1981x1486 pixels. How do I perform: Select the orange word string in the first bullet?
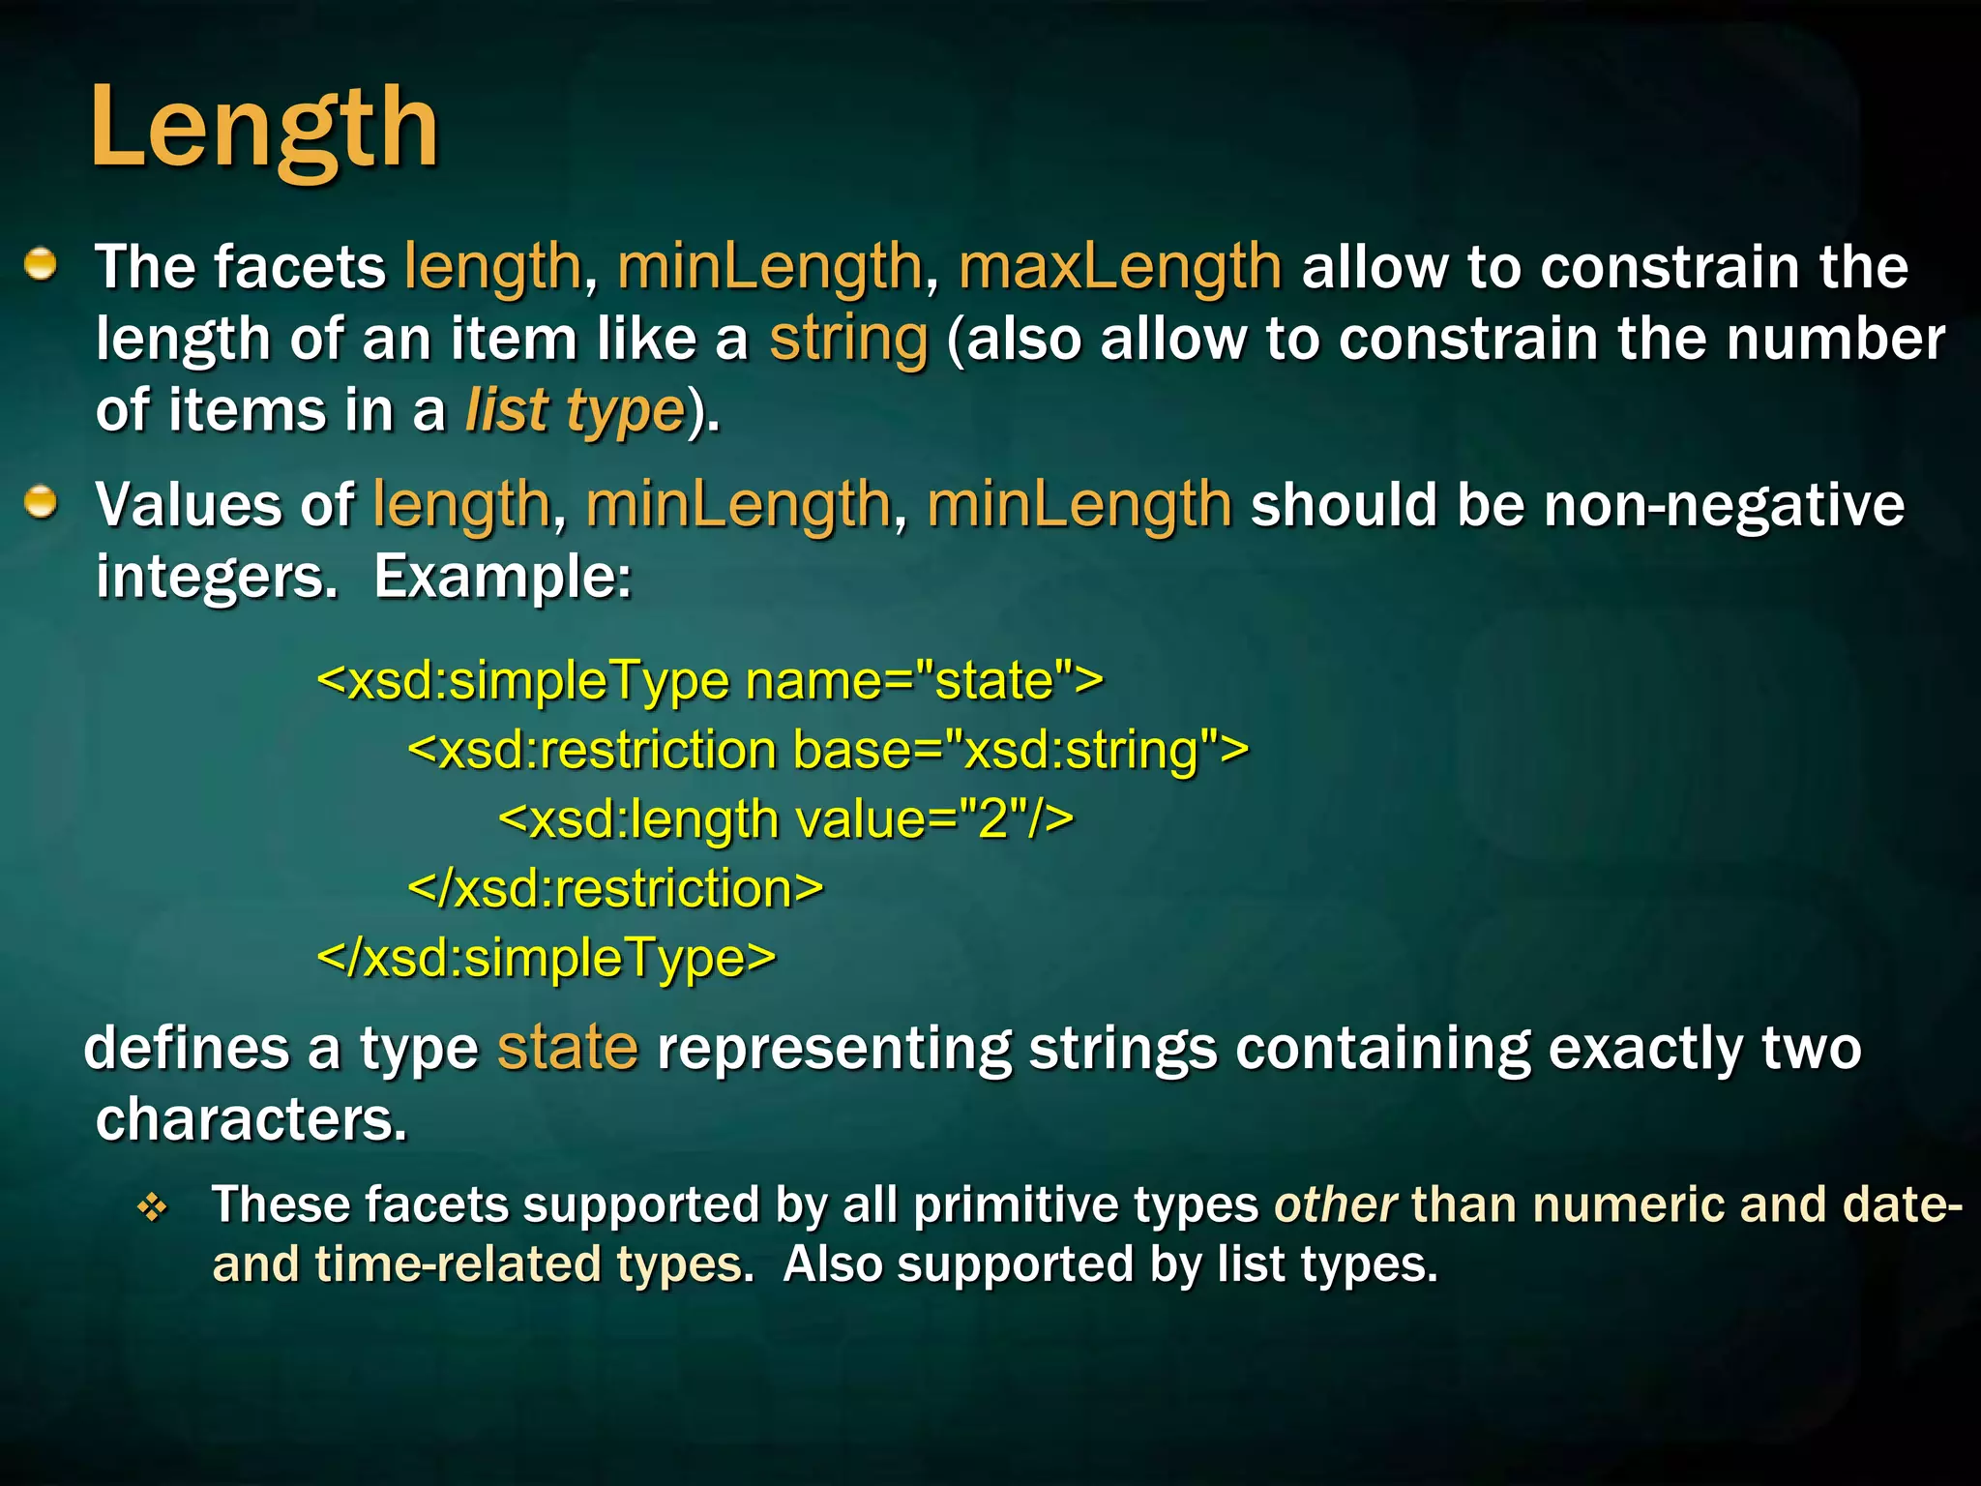(848, 339)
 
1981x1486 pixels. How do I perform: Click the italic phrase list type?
(575, 410)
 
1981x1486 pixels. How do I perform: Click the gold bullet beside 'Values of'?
(41, 503)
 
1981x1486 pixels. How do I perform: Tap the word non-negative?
(1723, 505)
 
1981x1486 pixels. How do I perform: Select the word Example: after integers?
(502, 578)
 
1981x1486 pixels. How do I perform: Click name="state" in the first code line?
(924, 680)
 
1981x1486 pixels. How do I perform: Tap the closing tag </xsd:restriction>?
(615, 888)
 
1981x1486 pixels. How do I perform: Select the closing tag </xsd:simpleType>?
(547, 958)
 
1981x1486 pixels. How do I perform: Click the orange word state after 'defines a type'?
(568, 1048)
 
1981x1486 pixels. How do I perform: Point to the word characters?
(251, 1120)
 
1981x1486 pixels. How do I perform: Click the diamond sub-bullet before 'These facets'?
(153, 1206)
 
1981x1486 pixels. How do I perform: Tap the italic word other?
(1335, 1205)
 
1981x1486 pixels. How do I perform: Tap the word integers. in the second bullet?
(217, 578)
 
